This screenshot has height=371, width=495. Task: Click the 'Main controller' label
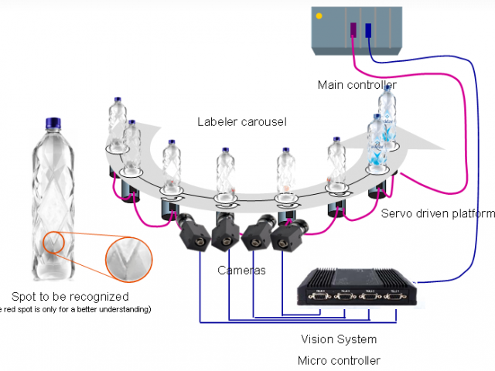pos(357,84)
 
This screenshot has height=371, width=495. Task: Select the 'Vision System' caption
pos(339,339)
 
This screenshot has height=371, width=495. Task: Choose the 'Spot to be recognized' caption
pos(70,296)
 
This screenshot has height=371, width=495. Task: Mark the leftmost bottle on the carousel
pos(117,128)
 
